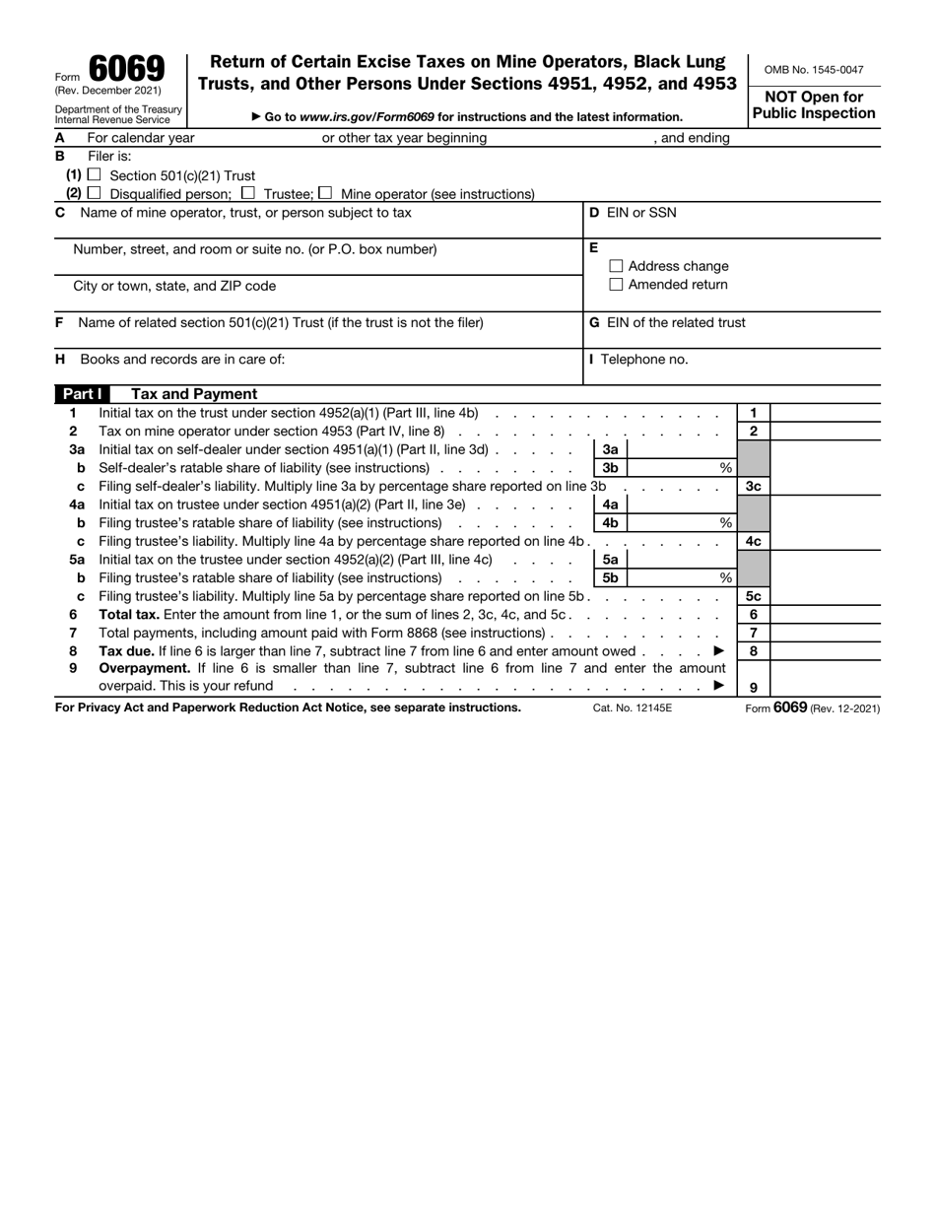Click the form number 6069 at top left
pyautogui.click(x=126, y=69)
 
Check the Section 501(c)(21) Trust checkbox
pyautogui.click(x=96, y=174)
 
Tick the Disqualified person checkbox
pyautogui.click(x=96, y=193)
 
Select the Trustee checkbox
pyautogui.click(x=248, y=193)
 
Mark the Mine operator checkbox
pyautogui.click(x=326, y=193)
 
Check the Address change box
pyautogui.click(x=617, y=266)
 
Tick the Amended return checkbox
pyautogui.click(x=617, y=285)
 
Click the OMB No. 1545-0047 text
pyautogui.click(x=814, y=70)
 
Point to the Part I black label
pyautogui.click(x=83, y=394)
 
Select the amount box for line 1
pyautogui.click(x=824, y=413)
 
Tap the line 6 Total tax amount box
pyautogui.click(x=824, y=615)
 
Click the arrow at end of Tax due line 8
pyautogui.click(x=718, y=651)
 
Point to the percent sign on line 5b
pyautogui.click(x=726, y=578)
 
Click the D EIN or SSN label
pyautogui.click(x=633, y=213)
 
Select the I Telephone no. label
pyautogui.click(x=638, y=360)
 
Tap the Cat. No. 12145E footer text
pyautogui.click(x=633, y=707)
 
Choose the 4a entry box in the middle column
pyautogui.click(x=680, y=505)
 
